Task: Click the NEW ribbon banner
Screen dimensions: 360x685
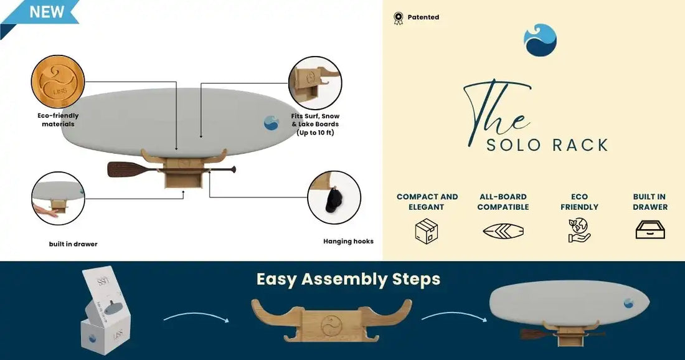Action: (39, 12)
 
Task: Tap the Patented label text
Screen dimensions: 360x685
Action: (423, 17)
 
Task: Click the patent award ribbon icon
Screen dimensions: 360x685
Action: (399, 18)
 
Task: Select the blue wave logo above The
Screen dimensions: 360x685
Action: (540, 40)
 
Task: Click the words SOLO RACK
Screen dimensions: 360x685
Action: (547, 145)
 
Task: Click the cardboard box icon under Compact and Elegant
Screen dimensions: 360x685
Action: (427, 231)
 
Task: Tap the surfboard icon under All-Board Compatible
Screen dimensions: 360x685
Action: (503, 231)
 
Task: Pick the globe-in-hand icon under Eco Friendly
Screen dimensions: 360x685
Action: (579, 230)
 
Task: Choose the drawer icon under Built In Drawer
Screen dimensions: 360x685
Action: (650, 230)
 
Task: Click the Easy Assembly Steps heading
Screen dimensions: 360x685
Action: (348, 279)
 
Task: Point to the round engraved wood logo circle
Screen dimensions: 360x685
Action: (57, 82)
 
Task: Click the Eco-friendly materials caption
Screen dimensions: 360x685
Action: (58, 120)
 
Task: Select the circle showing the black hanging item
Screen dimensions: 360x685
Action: (334, 197)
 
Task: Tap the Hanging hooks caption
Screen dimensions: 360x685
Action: (348, 242)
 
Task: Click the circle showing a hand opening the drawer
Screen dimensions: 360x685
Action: (58, 198)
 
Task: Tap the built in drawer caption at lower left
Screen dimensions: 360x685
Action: (73, 244)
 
